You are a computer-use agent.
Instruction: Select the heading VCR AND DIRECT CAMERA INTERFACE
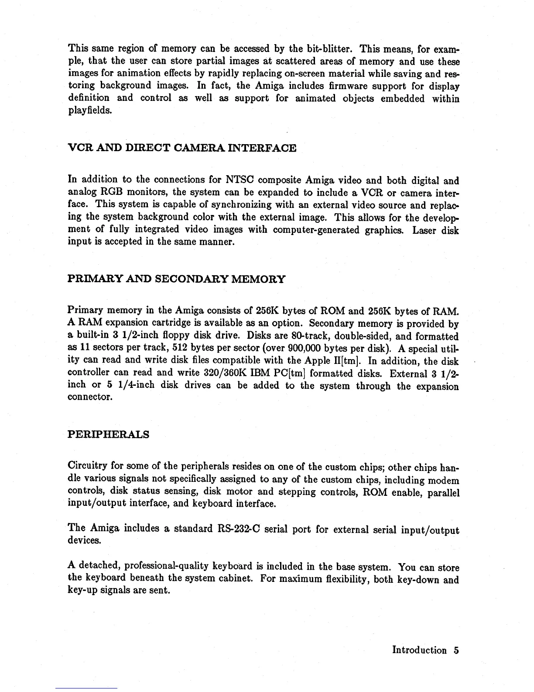(x=182, y=148)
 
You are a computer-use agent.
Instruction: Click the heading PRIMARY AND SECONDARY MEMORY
(x=177, y=279)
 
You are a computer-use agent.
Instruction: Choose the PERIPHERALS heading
(x=109, y=434)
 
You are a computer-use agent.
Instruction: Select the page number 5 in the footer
(x=456, y=650)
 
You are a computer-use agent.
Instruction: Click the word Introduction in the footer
(x=419, y=650)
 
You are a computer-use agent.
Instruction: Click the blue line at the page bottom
(x=86, y=688)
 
